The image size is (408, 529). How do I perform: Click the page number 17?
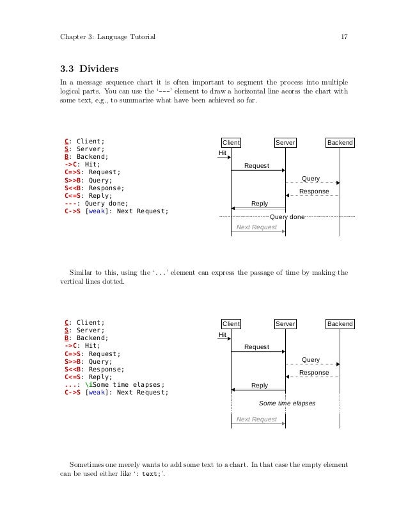343,37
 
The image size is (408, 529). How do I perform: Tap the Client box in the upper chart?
230,142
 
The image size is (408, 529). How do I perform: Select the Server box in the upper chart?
285,142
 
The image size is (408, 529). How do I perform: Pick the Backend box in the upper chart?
340,142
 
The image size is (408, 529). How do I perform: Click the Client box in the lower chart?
230,324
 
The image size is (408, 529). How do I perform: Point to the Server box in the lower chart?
285,324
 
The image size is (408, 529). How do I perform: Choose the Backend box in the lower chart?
340,324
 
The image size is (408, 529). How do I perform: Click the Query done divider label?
287,217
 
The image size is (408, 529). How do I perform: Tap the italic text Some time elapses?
287,403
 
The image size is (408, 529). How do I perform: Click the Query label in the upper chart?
311,178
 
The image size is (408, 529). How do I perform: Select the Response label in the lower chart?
314,373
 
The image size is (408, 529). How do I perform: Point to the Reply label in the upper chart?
260,204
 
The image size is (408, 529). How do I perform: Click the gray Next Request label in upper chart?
256,227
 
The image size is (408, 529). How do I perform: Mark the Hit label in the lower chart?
223,334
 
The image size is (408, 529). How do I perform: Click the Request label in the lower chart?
256,347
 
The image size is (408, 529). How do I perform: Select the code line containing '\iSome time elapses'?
114,386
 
